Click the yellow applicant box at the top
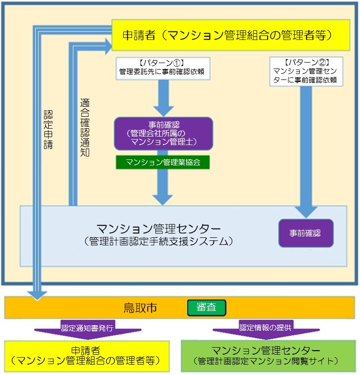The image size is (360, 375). point(227,35)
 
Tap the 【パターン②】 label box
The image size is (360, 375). point(306,71)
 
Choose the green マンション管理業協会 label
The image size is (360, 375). point(163,162)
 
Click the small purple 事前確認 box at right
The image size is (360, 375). point(305,232)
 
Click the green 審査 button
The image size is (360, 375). point(207,308)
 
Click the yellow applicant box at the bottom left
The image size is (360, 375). point(87,355)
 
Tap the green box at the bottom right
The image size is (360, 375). point(268,355)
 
